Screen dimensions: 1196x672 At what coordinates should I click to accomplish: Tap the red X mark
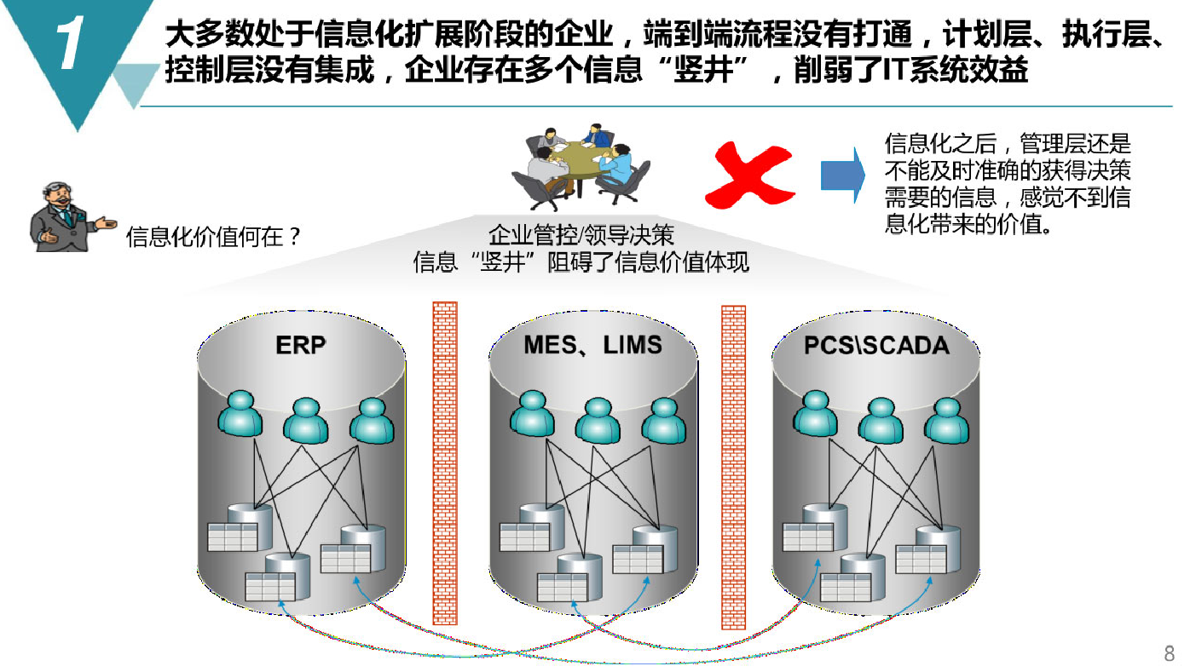click(750, 175)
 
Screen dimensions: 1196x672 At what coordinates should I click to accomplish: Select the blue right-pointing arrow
click(842, 175)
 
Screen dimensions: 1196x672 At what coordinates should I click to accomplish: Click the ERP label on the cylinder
click(301, 345)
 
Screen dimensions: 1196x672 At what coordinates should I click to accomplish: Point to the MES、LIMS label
click(592, 345)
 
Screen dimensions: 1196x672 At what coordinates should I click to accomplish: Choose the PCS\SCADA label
click(876, 346)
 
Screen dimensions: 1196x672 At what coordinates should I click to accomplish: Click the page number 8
click(1170, 653)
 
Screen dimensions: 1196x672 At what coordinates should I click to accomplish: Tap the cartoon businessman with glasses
click(69, 217)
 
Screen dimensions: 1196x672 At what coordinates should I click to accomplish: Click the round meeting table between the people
click(580, 160)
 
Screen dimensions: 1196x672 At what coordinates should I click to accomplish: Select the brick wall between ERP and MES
click(445, 463)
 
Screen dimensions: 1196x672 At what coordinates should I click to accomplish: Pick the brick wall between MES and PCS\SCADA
click(733, 468)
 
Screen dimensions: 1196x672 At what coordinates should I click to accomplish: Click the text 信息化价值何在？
click(214, 236)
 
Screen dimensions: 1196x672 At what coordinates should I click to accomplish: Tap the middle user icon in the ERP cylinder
click(305, 422)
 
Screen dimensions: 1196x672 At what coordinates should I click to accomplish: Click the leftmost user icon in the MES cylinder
click(532, 413)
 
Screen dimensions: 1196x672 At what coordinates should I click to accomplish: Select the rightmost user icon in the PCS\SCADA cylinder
click(946, 422)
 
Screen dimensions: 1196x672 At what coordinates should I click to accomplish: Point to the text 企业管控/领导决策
click(581, 235)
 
